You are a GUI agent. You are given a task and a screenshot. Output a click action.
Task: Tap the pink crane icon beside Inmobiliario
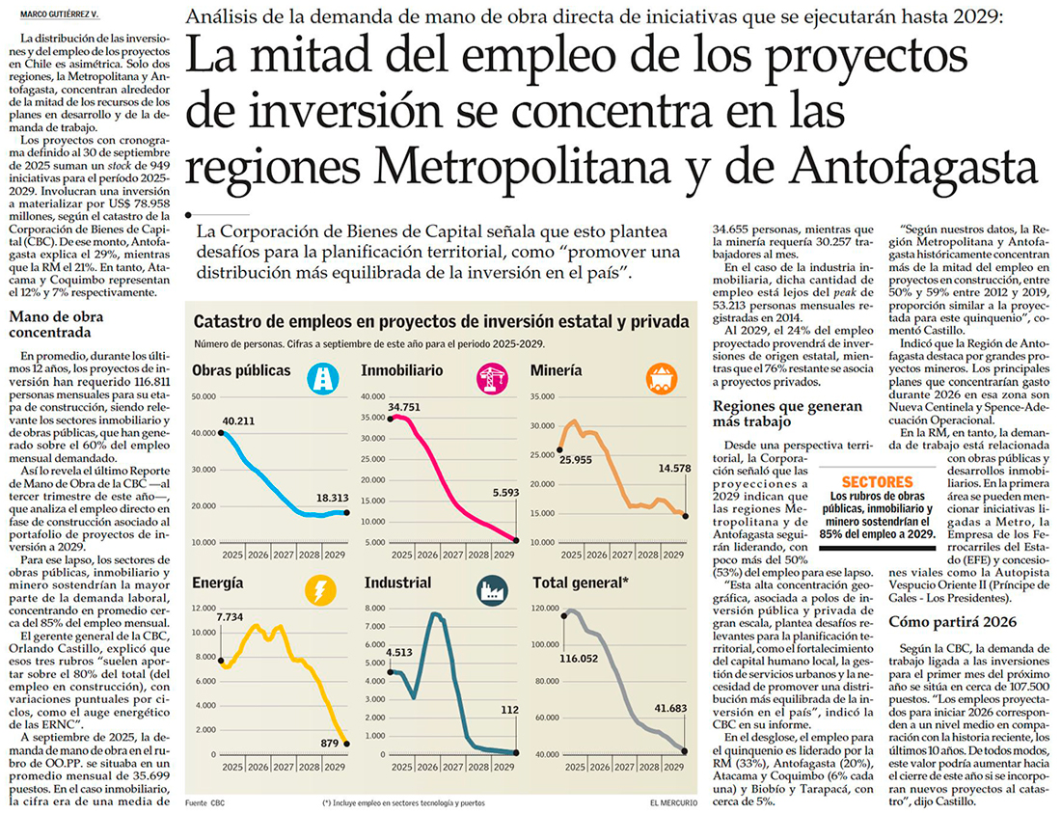[491, 377]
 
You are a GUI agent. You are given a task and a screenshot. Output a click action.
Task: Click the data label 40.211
[242, 420]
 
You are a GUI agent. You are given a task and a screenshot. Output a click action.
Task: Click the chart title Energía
[217, 583]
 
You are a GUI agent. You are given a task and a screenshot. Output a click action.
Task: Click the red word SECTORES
[877, 481]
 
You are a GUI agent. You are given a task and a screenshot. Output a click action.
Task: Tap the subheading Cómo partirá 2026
[949, 621]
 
